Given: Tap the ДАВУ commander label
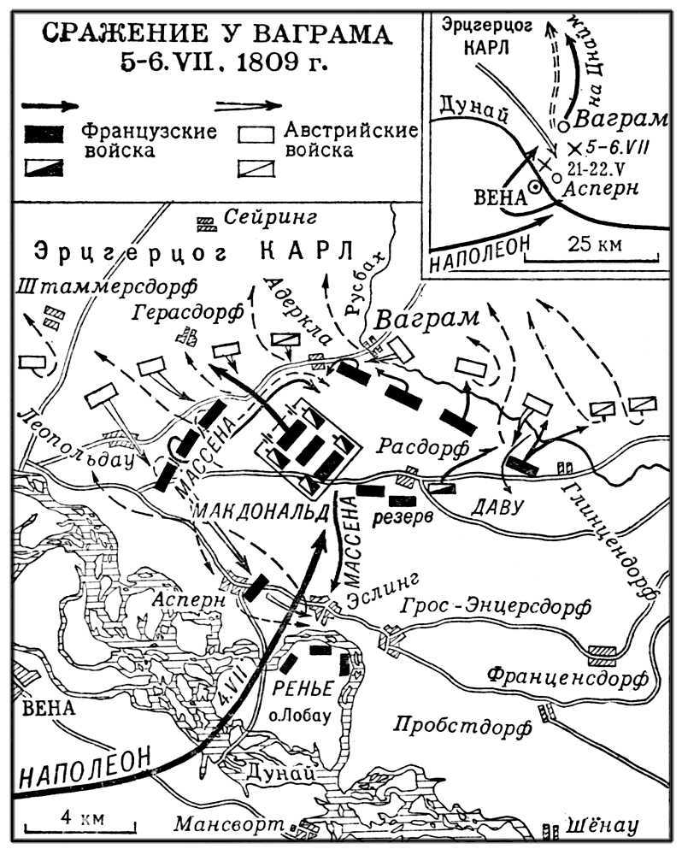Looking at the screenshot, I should pos(495,507).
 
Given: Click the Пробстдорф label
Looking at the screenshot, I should pos(462,727).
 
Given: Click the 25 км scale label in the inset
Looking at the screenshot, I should pos(590,243).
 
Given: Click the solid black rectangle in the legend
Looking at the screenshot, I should pos(44,133).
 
